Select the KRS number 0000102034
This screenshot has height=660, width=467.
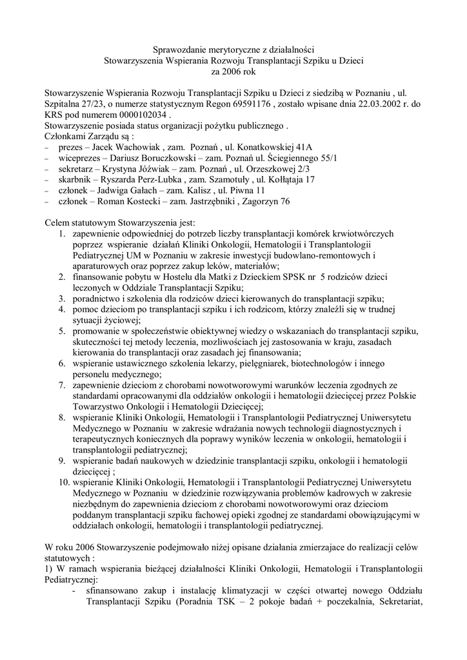tap(124, 117)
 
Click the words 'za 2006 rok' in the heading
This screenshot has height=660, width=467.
tap(234, 72)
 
